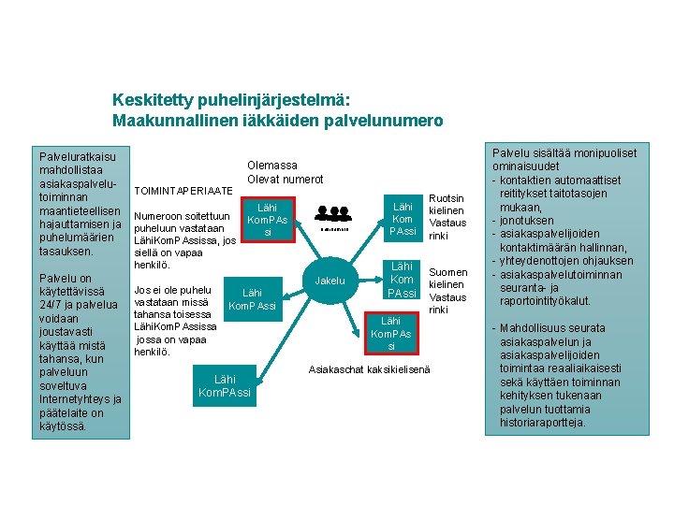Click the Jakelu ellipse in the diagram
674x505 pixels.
coord(330,281)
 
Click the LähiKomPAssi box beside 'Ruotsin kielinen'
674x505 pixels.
coord(403,218)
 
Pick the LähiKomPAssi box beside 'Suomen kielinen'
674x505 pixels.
coord(402,280)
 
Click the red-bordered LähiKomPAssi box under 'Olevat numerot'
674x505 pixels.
coord(268,219)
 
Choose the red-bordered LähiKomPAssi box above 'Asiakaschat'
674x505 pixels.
coord(391,334)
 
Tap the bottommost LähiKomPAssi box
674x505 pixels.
coord(225,385)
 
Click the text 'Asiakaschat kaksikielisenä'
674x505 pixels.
coord(370,369)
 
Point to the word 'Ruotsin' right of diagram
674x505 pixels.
coord(446,198)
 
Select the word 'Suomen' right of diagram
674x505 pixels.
coord(447,272)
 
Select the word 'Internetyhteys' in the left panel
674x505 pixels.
coord(77,398)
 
